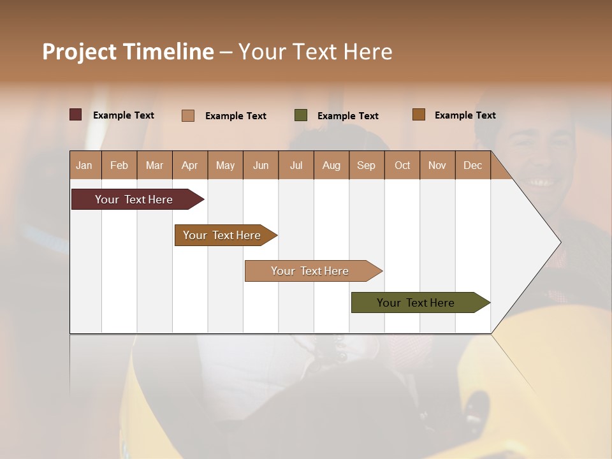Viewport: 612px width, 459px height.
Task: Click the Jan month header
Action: coord(85,165)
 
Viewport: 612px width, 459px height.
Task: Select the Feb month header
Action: coord(119,165)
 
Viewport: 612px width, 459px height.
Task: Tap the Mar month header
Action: coord(154,165)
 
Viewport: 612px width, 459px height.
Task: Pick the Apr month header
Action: coord(190,165)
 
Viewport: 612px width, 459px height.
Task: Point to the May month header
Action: coord(225,165)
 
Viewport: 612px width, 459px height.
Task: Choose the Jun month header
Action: coord(261,165)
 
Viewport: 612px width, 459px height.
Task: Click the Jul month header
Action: coord(296,165)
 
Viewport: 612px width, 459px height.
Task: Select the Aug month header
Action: coord(331,165)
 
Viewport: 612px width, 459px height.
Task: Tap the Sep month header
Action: coord(367,165)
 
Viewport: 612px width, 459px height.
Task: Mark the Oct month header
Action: coord(402,165)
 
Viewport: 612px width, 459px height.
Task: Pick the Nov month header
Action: coord(437,165)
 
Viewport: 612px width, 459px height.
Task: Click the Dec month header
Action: coord(472,165)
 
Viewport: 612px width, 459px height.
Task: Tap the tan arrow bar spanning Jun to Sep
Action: coord(310,271)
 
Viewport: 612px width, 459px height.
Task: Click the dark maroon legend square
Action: coord(76,115)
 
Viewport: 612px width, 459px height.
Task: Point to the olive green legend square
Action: coord(301,115)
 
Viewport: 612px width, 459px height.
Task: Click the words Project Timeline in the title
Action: coord(128,52)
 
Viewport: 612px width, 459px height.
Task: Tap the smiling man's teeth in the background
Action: coord(540,182)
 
